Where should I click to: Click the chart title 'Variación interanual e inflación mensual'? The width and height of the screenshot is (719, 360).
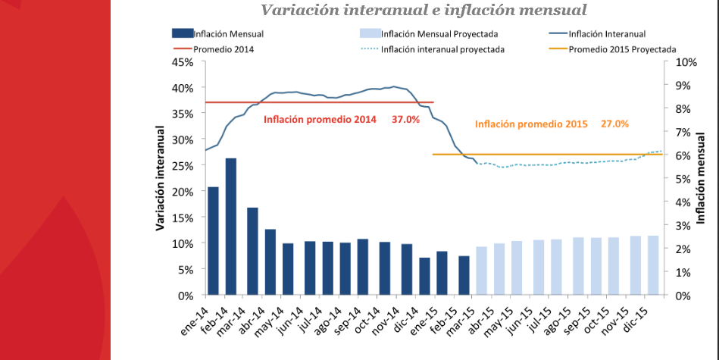click(x=424, y=10)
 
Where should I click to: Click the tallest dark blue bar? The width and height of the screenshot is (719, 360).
click(x=232, y=226)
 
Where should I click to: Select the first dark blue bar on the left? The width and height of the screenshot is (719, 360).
click(x=213, y=240)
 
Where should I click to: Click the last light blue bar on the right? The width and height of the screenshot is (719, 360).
click(x=654, y=265)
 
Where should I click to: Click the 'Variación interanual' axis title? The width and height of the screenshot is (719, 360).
click(x=161, y=179)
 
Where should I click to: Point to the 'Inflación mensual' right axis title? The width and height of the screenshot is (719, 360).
click(x=700, y=179)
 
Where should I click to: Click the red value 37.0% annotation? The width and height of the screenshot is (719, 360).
click(x=405, y=120)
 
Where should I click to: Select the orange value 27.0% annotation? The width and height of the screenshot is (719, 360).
click(x=614, y=124)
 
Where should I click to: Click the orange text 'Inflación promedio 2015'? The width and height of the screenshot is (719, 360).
click(x=531, y=124)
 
